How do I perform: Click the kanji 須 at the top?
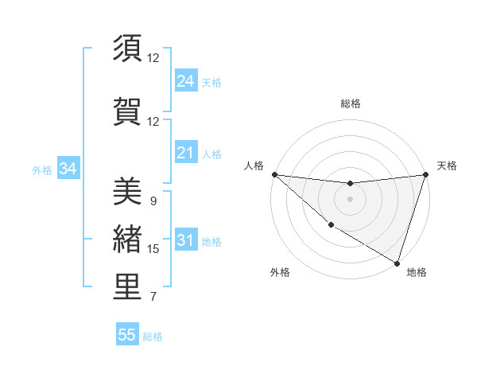tap(128, 49)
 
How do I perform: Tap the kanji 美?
tap(128, 192)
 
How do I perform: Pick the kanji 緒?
tap(128, 239)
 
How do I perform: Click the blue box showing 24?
tap(185, 80)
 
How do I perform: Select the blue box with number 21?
tap(185, 153)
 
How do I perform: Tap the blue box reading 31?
tap(185, 240)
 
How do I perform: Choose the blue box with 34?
tap(68, 169)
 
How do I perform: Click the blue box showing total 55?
tap(127, 335)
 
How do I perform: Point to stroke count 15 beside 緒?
tap(153, 249)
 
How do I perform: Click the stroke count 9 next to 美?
tap(153, 201)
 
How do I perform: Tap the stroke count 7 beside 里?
tap(153, 298)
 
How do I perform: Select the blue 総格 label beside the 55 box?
tap(153, 337)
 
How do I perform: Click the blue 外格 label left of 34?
tap(42, 169)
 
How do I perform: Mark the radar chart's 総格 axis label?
tap(350, 103)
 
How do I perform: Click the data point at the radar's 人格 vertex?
tap(274, 174)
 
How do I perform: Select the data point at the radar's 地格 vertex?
tap(397, 263)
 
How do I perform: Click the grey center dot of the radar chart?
tap(350, 199)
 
